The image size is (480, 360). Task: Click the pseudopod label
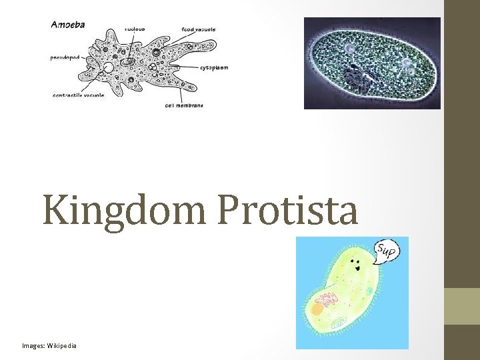(65, 57)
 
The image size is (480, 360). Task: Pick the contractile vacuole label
(79, 95)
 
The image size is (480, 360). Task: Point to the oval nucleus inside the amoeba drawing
(127, 63)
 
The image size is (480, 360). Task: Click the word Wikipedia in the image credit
(61, 345)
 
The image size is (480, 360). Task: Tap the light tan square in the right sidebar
(461, 306)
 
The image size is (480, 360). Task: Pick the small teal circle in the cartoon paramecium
(369, 291)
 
